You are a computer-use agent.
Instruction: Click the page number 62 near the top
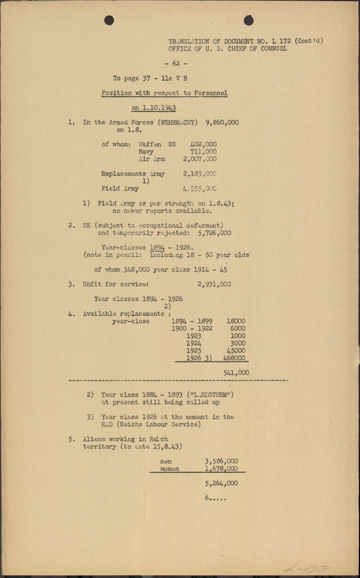(176, 63)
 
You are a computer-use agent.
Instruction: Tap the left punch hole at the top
(109, 20)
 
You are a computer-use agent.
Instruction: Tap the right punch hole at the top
(249, 20)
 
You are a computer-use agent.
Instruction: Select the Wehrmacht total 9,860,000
(222, 123)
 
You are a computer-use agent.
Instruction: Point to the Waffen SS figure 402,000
(204, 144)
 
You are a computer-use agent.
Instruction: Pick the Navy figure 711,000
(203, 152)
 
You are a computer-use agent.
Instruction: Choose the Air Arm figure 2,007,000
(200, 159)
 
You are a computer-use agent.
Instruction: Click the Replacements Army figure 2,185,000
(200, 174)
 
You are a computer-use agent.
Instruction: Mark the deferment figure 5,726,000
(214, 233)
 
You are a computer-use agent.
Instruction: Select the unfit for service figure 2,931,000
(214, 284)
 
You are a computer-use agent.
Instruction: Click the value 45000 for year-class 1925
(236, 351)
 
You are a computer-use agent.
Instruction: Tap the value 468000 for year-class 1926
(234, 358)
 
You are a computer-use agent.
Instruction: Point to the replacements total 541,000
(236, 373)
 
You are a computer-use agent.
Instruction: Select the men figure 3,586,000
(221, 461)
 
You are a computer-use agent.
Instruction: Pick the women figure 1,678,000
(221, 469)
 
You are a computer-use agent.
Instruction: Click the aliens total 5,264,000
(221, 483)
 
